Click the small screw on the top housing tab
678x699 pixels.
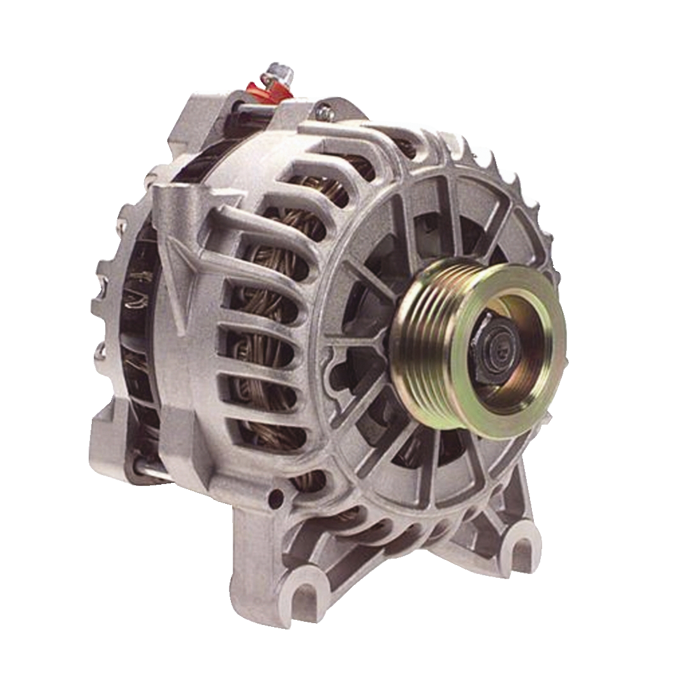(326, 112)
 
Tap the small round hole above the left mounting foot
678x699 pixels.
(276, 498)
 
